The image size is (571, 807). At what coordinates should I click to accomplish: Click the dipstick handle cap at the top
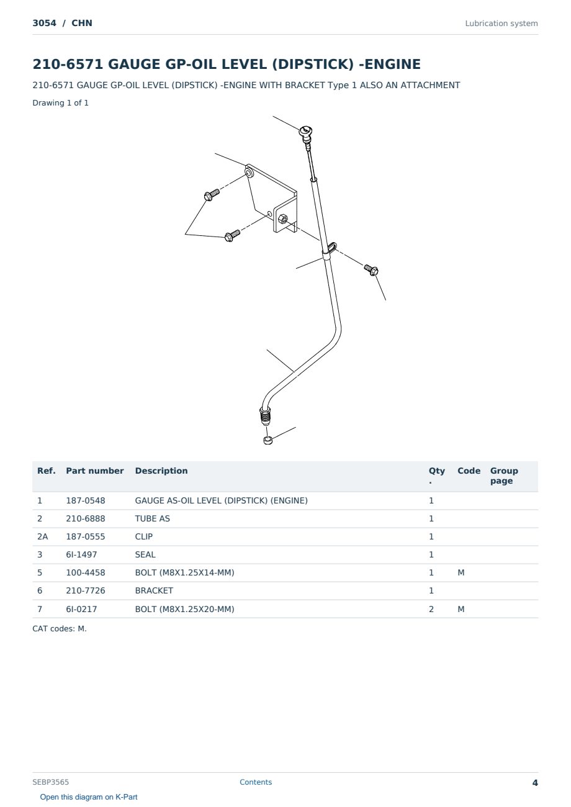pyautogui.click(x=305, y=132)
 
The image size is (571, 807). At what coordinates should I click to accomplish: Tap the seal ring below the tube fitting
pyautogui.click(x=268, y=440)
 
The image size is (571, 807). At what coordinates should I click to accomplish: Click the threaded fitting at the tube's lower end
pyautogui.click(x=265, y=416)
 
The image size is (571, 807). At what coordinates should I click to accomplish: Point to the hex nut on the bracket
pyautogui.click(x=283, y=218)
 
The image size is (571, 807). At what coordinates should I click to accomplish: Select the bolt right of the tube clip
pyautogui.click(x=371, y=269)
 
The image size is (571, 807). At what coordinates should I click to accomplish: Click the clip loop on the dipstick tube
pyautogui.click(x=332, y=248)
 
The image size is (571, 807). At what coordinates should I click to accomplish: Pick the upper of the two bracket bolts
pyautogui.click(x=212, y=195)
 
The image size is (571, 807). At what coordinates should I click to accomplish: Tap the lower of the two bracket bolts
pyautogui.click(x=232, y=236)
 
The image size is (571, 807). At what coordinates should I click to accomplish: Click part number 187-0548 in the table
pyautogui.click(x=86, y=500)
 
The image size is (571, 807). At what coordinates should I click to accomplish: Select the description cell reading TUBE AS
pyautogui.click(x=153, y=518)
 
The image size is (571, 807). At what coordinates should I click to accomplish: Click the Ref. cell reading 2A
pyautogui.click(x=42, y=536)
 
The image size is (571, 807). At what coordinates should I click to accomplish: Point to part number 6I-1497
pyautogui.click(x=81, y=554)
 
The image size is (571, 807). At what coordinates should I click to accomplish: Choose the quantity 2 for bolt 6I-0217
pyautogui.click(x=431, y=609)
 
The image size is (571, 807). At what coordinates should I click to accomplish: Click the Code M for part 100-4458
pyautogui.click(x=461, y=572)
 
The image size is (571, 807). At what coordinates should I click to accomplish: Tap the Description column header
pyautogui.click(x=161, y=471)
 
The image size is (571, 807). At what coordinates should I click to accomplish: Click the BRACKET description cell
pyautogui.click(x=154, y=590)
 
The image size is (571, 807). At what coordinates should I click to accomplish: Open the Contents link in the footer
pyautogui.click(x=256, y=782)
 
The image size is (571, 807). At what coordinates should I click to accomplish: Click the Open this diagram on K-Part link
pyautogui.click(x=89, y=797)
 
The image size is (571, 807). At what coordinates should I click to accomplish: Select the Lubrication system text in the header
pyautogui.click(x=501, y=24)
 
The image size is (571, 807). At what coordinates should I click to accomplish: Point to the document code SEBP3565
pyautogui.click(x=50, y=782)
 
